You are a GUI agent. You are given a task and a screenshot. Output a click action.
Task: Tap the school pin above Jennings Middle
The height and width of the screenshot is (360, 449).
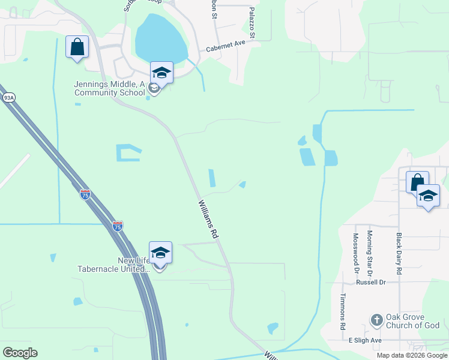[x=161, y=73]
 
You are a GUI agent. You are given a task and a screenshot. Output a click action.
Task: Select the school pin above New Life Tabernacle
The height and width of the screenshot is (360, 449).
[x=160, y=253]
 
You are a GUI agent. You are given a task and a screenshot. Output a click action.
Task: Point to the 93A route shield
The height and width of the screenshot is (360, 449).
[x=8, y=98]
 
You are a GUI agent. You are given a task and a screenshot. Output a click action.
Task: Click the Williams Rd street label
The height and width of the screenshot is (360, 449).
[x=206, y=220]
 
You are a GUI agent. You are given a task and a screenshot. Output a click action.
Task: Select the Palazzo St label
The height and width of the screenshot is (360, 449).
[x=252, y=23]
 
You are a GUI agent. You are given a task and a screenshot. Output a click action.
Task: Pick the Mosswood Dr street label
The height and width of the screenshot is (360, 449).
[x=356, y=251]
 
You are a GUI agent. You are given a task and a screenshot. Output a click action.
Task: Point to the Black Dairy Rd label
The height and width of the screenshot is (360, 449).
[x=398, y=249]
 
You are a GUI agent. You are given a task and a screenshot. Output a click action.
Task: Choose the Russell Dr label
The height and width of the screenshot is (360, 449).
[x=370, y=282]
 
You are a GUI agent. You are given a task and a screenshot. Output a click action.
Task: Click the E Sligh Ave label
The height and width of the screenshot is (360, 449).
[x=366, y=340]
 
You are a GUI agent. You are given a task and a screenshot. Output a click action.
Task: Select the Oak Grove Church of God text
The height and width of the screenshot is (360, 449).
[x=413, y=321]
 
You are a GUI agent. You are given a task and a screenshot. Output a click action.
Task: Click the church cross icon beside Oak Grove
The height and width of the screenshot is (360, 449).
[x=376, y=319]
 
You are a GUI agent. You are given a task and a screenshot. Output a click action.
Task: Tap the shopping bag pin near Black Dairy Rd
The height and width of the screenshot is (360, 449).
[x=417, y=182]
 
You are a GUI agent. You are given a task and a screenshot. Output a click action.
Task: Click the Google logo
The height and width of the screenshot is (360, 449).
[x=20, y=353]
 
